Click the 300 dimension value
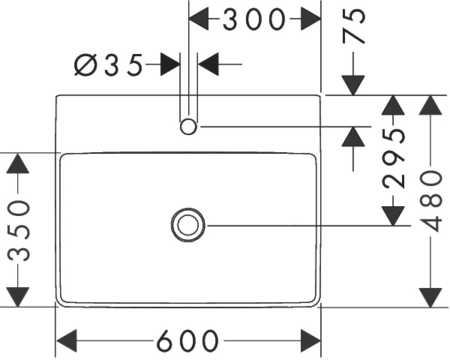[254, 19]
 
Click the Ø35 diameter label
[108, 65]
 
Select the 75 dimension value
[353, 25]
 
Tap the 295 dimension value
[393, 157]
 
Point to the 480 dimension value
[430, 201]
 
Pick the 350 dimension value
[18, 231]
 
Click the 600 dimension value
[187, 340]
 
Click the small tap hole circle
[188, 127]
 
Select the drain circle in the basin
[188, 225]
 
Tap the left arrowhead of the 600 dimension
[67, 340]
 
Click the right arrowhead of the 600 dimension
[310, 340]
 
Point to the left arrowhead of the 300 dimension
[199, 19]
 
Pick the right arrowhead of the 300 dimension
[310, 19]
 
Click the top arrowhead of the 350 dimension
[18, 163]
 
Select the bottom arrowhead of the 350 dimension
[18, 297]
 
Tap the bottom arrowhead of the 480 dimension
[430, 298]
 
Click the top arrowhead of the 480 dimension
[430, 105]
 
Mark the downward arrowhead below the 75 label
[353, 85]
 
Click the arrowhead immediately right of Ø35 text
[170, 64]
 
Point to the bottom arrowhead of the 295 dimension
[393, 216]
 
